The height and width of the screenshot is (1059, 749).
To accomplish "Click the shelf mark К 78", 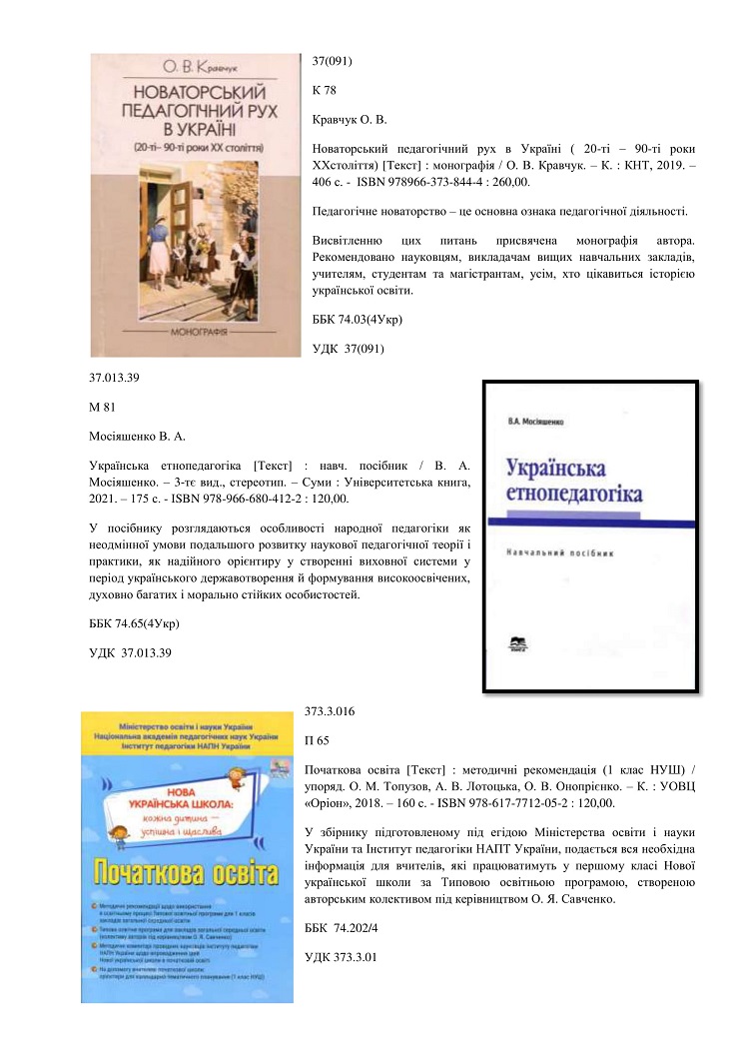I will (x=326, y=90).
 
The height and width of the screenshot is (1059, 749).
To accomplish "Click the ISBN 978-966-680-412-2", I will (x=256, y=498).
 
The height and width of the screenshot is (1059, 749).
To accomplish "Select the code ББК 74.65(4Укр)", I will (x=135, y=623).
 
